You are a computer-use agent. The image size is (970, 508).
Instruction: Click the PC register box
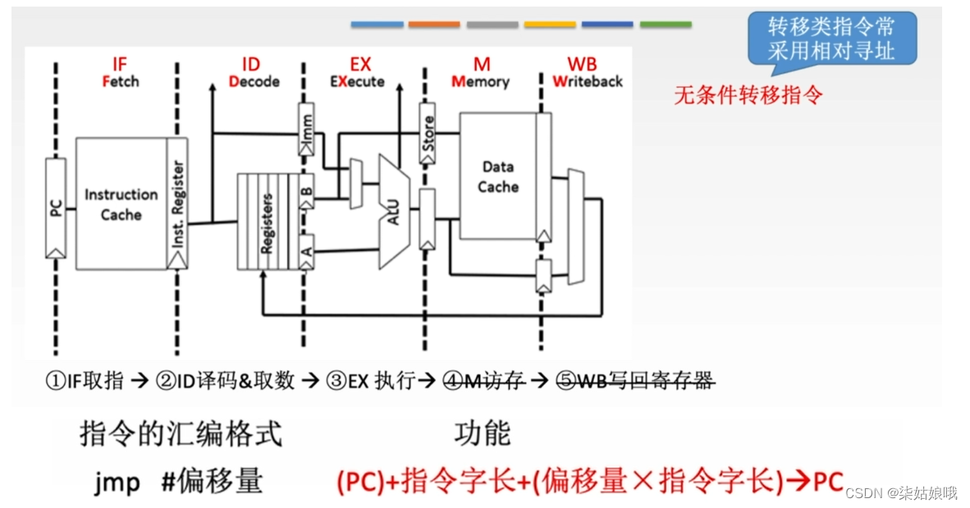pyautogui.click(x=56, y=208)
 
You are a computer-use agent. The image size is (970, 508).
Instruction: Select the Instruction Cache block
pyautogui.click(x=121, y=204)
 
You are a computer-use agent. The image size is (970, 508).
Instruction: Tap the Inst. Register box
pyautogui.click(x=177, y=204)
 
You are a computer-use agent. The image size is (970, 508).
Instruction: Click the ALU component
pyautogui.click(x=393, y=211)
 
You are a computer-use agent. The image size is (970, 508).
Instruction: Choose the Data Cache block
pyautogui.click(x=497, y=176)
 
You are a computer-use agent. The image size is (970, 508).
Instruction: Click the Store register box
pyautogui.click(x=428, y=133)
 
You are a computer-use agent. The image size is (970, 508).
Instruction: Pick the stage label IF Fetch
pyautogui.click(x=120, y=73)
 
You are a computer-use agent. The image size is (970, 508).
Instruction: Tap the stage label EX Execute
pyautogui.click(x=357, y=73)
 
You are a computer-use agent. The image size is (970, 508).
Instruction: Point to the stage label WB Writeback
pyautogui.click(x=586, y=73)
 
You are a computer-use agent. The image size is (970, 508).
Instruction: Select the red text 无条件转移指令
pyautogui.click(x=748, y=95)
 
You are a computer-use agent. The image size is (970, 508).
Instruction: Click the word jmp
pyautogui.click(x=117, y=482)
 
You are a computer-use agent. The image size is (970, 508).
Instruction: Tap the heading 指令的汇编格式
pyautogui.click(x=181, y=433)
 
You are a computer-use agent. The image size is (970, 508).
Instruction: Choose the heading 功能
pyautogui.click(x=482, y=433)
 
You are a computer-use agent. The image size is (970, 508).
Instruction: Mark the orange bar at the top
pyautogui.click(x=434, y=25)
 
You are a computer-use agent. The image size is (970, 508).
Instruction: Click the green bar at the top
pyautogui.click(x=666, y=25)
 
